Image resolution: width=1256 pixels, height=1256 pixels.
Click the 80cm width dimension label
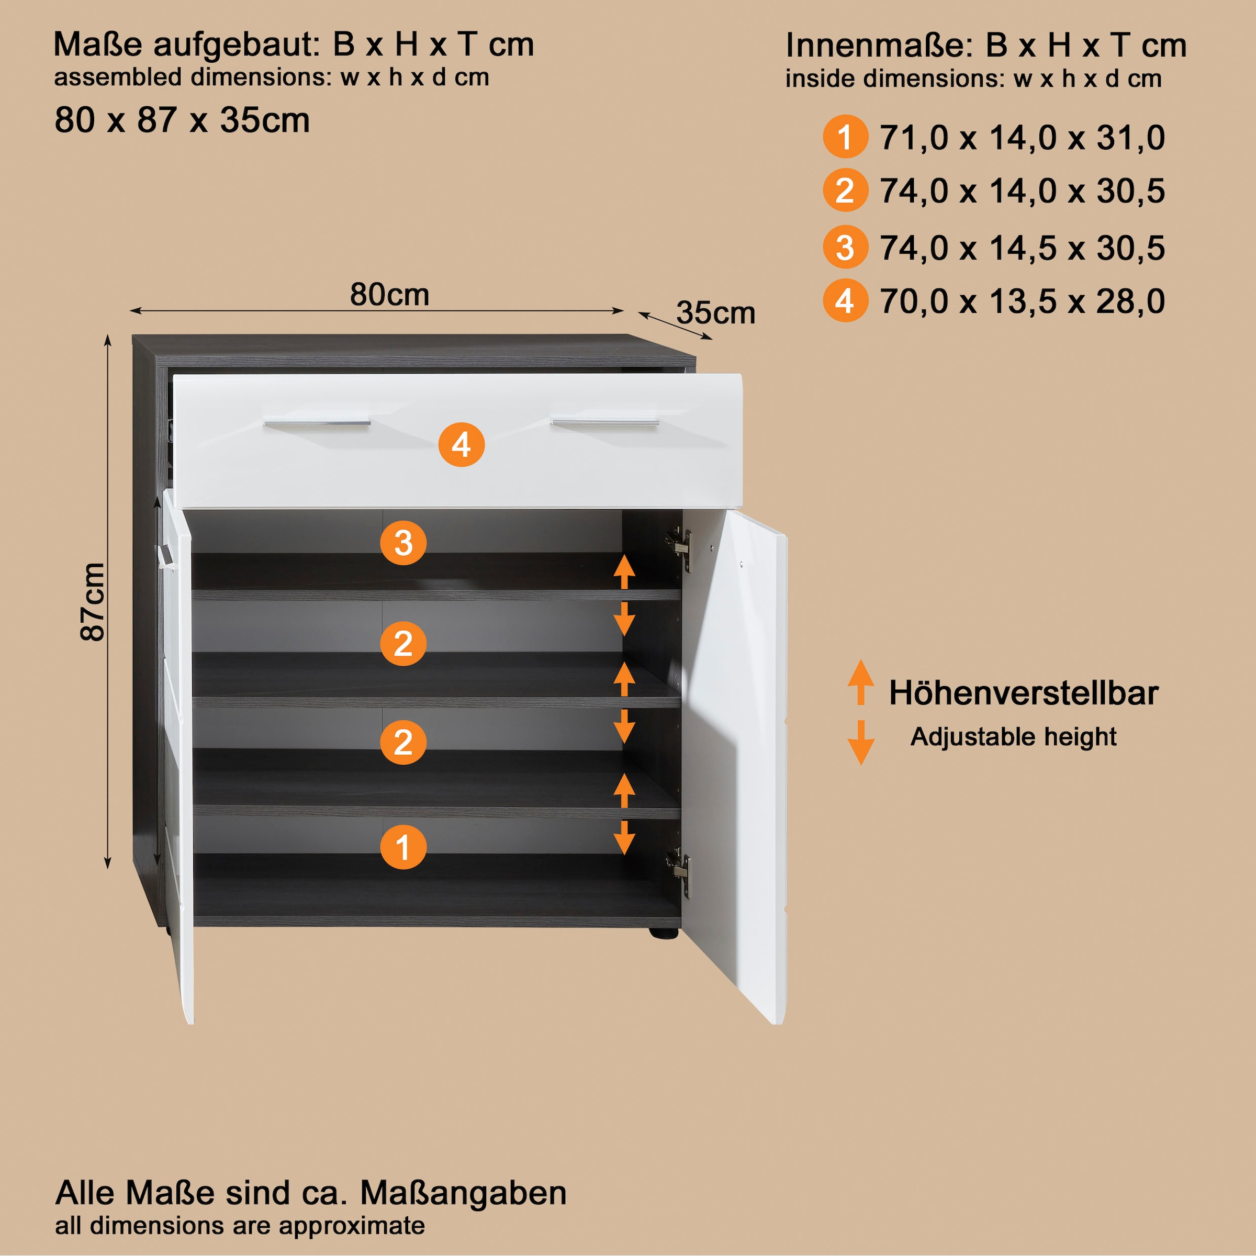[x=389, y=295]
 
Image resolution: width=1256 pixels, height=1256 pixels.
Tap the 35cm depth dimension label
[x=716, y=313]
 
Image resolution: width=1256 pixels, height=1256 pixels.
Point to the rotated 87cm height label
[x=92, y=601]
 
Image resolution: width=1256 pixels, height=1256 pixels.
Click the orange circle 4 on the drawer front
[x=461, y=445]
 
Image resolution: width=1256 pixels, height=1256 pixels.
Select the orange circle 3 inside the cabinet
[x=403, y=543]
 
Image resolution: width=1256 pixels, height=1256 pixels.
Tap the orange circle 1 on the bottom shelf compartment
[x=403, y=847]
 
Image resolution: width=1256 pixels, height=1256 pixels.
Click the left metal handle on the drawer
[x=317, y=423]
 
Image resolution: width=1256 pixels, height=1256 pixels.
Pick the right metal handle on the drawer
[x=604, y=423]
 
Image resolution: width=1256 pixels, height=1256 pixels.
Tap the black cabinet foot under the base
[x=664, y=934]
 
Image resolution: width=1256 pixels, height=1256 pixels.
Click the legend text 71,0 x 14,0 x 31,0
[x=1022, y=138]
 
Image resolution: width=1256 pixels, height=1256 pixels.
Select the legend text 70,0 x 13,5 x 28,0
[x=1022, y=301]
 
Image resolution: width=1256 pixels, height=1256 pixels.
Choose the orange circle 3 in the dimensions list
[x=845, y=248]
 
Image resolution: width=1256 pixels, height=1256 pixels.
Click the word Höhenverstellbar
[x=1023, y=693]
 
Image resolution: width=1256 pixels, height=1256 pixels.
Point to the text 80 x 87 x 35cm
[x=182, y=120]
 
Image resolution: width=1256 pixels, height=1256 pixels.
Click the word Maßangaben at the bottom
[x=463, y=1193]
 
